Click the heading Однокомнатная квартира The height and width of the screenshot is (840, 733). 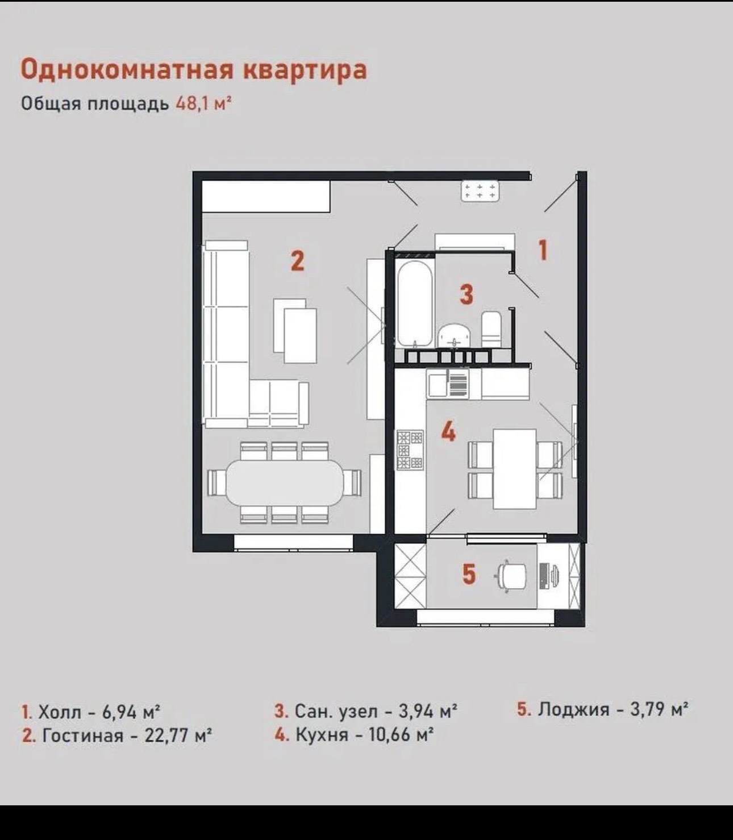pyautogui.click(x=194, y=69)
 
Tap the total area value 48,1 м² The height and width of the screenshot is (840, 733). pyautogui.click(x=203, y=104)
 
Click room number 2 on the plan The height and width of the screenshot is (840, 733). pyautogui.click(x=297, y=261)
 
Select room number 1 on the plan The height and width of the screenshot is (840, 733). pyautogui.click(x=543, y=250)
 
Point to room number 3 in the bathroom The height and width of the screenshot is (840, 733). pyautogui.click(x=466, y=294)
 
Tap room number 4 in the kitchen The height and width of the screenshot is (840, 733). pyautogui.click(x=448, y=432)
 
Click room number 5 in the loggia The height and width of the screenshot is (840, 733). pyautogui.click(x=468, y=573)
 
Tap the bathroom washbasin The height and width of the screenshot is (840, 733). pyautogui.click(x=455, y=335)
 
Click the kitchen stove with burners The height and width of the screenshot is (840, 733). pyautogui.click(x=410, y=450)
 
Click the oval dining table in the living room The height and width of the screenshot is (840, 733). pyautogui.click(x=285, y=482)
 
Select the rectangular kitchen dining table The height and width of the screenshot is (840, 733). pyautogui.click(x=515, y=469)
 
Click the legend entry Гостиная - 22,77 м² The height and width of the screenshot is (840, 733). pyautogui.click(x=117, y=735)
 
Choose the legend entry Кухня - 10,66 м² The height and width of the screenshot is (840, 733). pyautogui.click(x=354, y=734)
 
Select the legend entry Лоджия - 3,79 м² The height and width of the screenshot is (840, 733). pyautogui.click(x=602, y=709)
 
